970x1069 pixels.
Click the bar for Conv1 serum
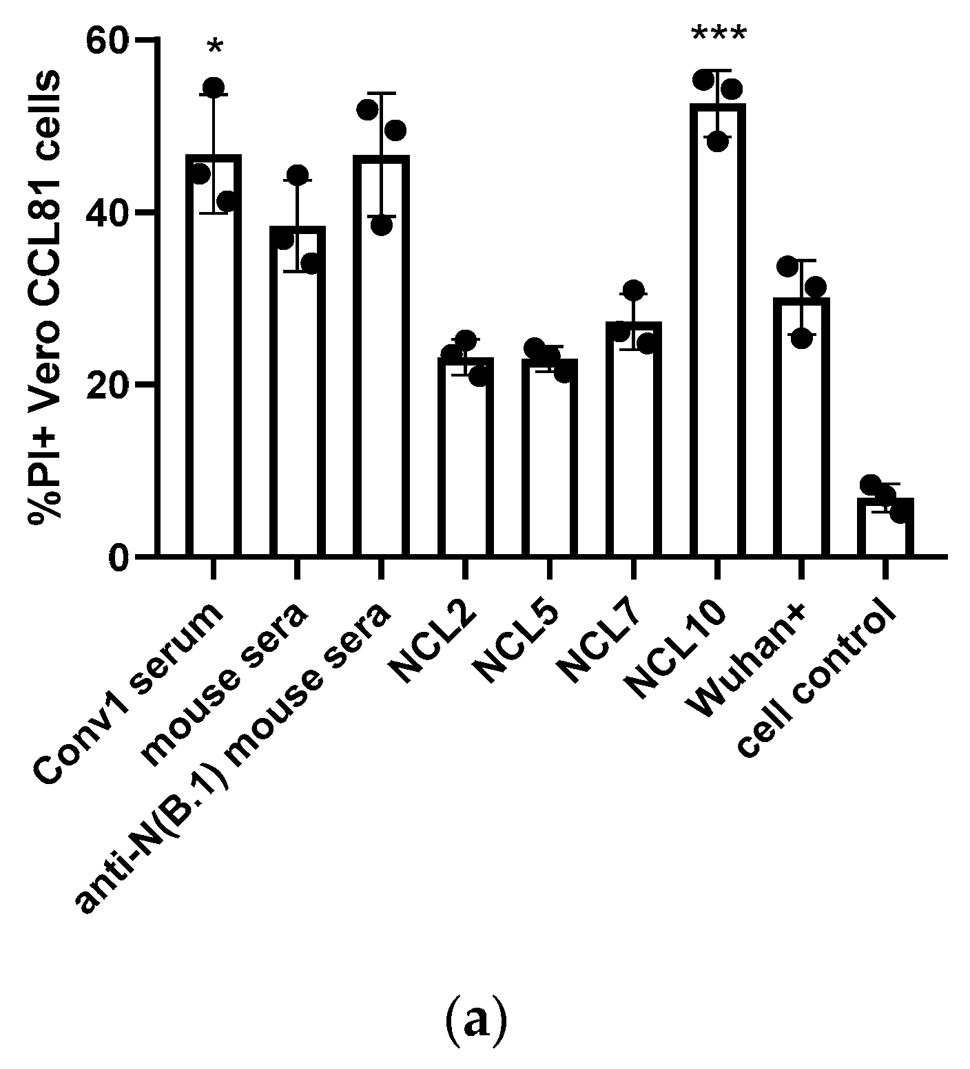tap(214, 358)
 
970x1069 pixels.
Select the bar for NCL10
tap(717, 330)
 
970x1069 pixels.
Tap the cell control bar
tap(885, 527)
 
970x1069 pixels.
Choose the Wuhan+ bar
tap(801, 427)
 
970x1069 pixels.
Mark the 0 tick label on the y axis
tap(118, 556)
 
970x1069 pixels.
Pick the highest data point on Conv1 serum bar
tap(214, 87)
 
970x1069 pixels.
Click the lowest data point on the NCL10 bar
tap(717, 142)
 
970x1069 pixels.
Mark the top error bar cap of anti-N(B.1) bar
tap(382, 93)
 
